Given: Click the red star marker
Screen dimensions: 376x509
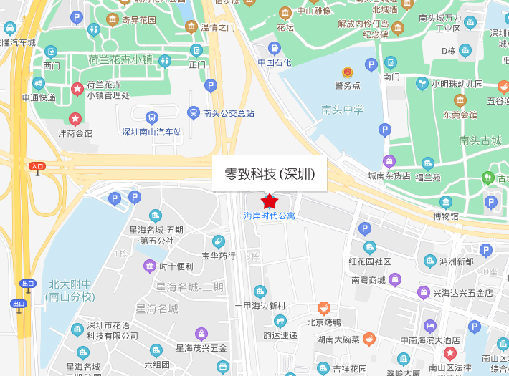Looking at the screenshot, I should coord(270,201).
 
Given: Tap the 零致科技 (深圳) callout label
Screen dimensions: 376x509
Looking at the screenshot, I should coord(269,173).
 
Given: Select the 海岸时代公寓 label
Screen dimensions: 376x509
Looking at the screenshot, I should coord(270,216).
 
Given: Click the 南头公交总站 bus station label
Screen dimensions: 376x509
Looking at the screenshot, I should coord(228,113).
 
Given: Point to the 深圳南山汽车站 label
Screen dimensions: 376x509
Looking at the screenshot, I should coord(152,132).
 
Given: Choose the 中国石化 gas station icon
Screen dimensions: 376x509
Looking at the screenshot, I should coord(275,49).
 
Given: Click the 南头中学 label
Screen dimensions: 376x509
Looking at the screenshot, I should coord(343,110).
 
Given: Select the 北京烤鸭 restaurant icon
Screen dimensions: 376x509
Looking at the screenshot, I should coord(324,308).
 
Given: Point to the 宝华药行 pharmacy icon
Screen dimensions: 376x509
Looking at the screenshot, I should coord(219,242).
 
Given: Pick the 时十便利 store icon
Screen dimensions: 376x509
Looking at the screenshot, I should coord(150,266).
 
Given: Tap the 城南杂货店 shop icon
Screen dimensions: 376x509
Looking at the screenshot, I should coord(389,161).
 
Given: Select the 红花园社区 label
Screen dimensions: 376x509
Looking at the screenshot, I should coord(369,261).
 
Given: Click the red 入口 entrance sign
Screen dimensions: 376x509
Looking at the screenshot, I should coord(37,166).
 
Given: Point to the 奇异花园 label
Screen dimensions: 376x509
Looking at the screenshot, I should coord(138,20).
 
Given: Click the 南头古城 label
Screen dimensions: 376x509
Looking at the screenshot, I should coord(480,140).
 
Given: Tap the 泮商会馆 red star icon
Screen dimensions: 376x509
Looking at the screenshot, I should coord(75,118).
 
